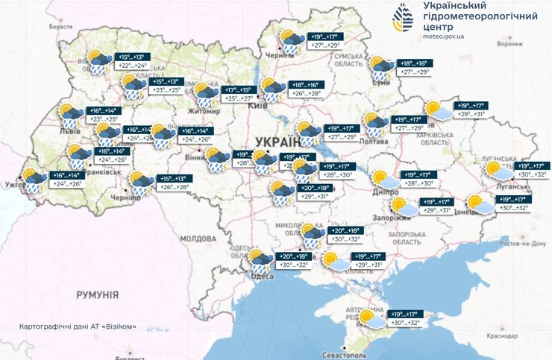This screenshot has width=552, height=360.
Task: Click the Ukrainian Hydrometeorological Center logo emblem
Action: click(405, 19)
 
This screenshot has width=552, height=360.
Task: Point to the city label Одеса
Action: click(263, 277)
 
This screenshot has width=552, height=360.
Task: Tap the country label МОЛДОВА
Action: click(198, 239)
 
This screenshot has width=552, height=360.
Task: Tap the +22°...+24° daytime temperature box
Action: click(134, 66)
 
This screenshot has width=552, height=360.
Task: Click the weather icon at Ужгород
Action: click(32, 180)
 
